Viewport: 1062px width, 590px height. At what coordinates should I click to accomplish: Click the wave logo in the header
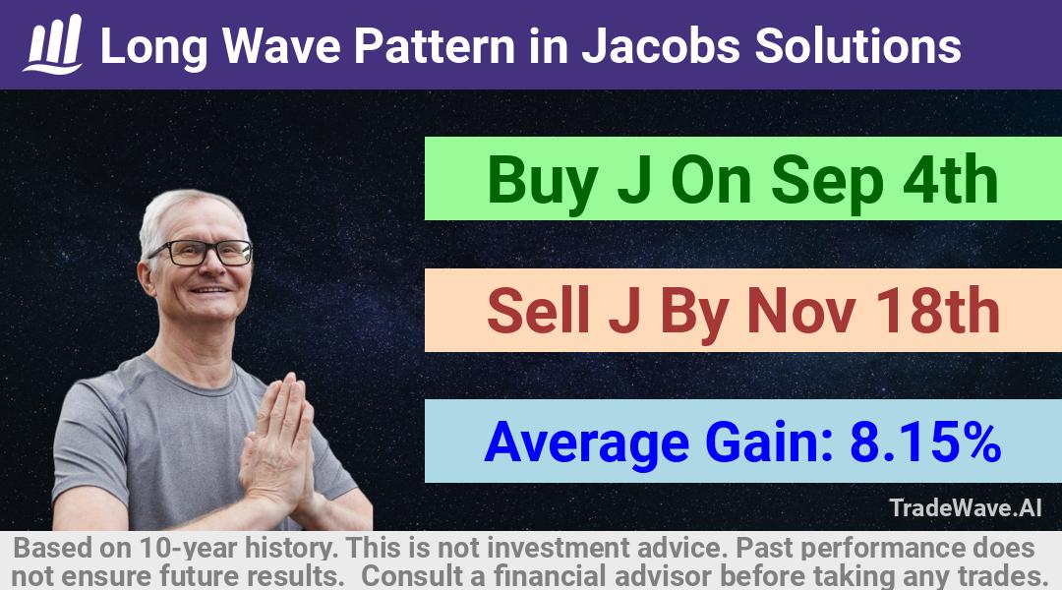tap(53, 44)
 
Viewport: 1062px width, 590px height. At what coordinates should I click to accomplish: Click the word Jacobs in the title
tap(661, 46)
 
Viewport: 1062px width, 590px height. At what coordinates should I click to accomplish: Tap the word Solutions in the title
tap(858, 46)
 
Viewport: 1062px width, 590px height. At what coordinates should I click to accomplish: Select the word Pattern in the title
tap(435, 46)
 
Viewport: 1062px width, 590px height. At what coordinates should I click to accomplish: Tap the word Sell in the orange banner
tap(539, 311)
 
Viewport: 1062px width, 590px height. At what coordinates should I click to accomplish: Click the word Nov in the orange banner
tap(800, 311)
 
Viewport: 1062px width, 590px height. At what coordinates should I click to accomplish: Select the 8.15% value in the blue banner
tap(925, 442)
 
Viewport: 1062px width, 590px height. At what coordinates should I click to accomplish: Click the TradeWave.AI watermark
tap(966, 508)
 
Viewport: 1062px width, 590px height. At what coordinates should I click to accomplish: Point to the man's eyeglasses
tap(201, 253)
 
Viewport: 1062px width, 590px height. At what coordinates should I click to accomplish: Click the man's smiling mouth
tap(210, 290)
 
